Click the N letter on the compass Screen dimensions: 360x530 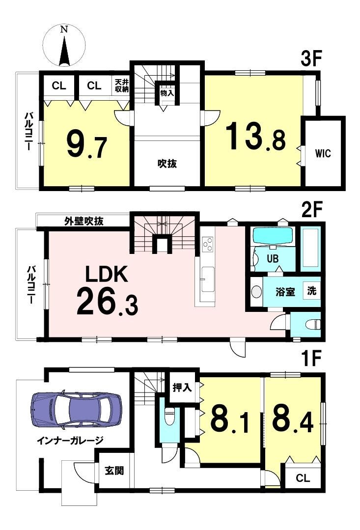tap(63, 30)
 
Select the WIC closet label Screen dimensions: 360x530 tap(323, 153)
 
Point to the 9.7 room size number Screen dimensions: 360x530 tap(87, 145)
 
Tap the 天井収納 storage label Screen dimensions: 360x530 tap(121, 86)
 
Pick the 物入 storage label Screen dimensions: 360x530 tap(166, 93)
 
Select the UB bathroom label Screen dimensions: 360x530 tap(273, 259)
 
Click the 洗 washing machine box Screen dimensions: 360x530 tap(312, 290)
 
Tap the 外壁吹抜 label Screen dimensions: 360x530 tap(84, 222)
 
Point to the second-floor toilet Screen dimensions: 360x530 tap(312, 325)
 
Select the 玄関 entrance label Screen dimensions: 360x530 tap(114, 470)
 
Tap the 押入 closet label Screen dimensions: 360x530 tap(182, 388)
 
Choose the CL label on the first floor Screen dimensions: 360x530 tap(303, 478)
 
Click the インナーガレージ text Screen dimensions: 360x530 tap(70, 441)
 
